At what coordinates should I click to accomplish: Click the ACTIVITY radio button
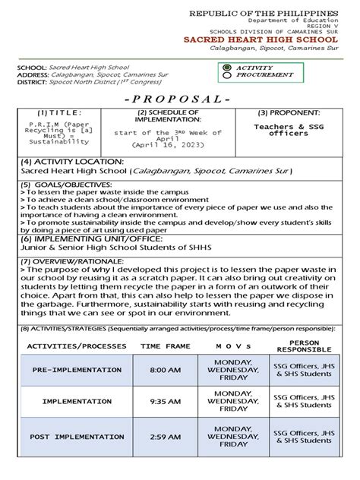coord(226,68)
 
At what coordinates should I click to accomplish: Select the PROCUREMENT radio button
coord(226,76)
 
